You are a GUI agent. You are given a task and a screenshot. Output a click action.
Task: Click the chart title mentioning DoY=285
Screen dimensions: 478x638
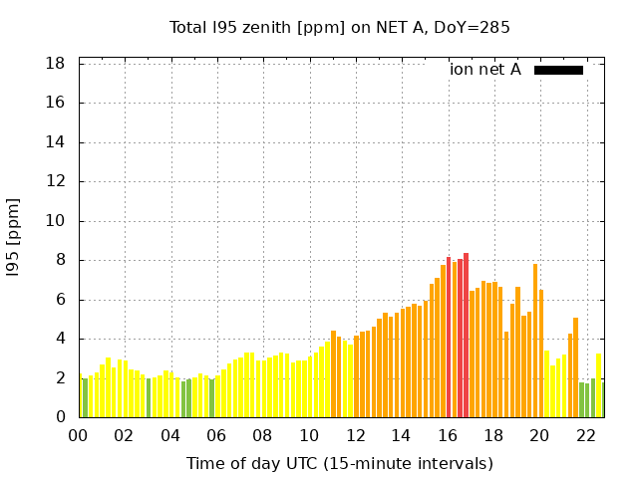(x=340, y=28)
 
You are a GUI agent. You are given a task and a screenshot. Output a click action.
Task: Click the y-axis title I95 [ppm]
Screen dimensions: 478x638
(x=14, y=237)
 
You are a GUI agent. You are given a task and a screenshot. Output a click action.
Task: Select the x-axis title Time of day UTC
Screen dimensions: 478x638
(x=340, y=463)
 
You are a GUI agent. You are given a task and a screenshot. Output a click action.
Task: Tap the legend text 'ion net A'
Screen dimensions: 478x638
(x=485, y=70)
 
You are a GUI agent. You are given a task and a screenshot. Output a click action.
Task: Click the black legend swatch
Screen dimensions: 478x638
(x=558, y=70)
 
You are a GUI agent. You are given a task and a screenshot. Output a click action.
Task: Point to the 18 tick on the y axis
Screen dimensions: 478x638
(x=56, y=64)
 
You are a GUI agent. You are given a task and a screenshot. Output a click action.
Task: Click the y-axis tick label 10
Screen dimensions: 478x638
(x=56, y=221)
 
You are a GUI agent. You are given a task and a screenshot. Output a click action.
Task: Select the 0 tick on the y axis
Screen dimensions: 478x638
(x=61, y=417)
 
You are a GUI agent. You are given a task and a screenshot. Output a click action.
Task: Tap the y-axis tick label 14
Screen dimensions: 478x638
(x=56, y=142)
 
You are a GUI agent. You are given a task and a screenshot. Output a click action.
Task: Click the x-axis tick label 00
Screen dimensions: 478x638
(x=78, y=435)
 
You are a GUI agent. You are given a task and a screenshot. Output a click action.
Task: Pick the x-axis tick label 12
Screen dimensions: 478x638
(x=355, y=435)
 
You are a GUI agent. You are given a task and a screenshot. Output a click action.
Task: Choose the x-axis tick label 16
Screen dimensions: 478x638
(x=448, y=435)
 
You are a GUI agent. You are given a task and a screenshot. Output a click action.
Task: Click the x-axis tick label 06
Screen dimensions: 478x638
(x=216, y=435)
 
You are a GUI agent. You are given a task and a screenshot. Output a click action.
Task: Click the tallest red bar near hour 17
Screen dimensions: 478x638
(x=466, y=335)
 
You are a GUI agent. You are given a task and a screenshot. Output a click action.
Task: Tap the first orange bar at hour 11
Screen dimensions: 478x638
(x=333, y=374)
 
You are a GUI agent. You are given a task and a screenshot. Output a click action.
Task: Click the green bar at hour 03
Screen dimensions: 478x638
(x=149, y=397)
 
